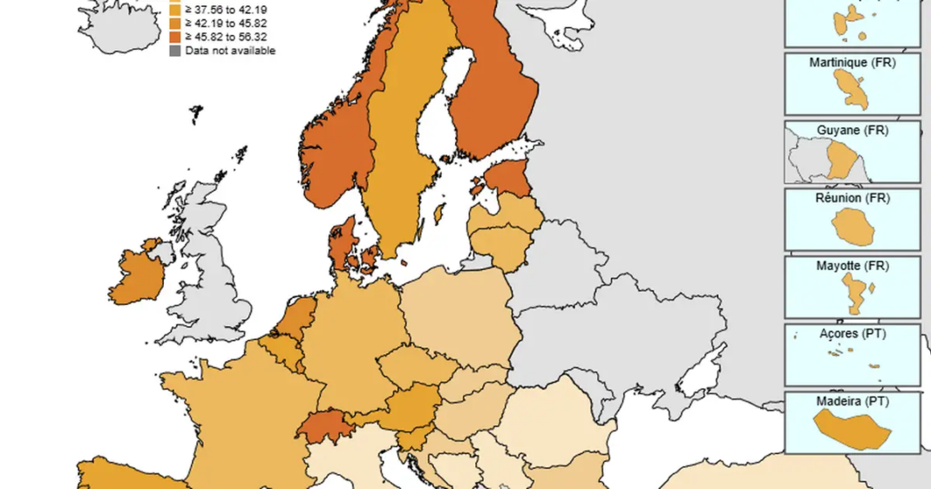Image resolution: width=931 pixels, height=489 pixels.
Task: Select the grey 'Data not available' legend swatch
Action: point(175,51)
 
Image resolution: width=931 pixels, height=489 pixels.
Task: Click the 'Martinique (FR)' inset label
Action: point(852,63)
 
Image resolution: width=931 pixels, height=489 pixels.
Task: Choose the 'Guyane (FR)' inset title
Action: point(852,130)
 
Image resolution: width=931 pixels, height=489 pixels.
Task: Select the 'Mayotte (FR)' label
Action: point(852,265)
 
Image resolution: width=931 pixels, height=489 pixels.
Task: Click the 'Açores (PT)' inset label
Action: point(852,333)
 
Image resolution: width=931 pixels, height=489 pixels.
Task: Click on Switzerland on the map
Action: point(324,426)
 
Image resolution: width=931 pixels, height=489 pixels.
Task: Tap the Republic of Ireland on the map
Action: point(138,278)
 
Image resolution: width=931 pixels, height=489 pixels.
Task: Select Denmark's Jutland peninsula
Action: point(341,244)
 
